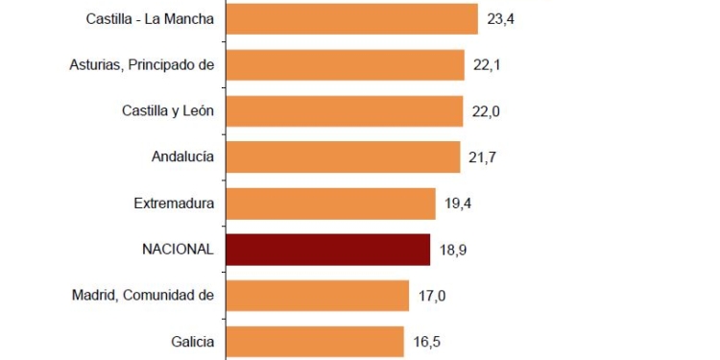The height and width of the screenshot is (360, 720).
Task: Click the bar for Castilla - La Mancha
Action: tap(351, 19)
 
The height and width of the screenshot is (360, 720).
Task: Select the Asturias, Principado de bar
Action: tap(345, 65)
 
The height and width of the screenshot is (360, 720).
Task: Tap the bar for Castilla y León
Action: tap(344, 111)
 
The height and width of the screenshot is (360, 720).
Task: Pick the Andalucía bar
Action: tap(343, 156)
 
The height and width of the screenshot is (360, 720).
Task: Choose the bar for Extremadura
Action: tap(330, 203)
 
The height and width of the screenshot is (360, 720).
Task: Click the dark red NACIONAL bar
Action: tap(327, 249)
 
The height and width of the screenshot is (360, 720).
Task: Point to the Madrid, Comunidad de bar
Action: tap(318, 295)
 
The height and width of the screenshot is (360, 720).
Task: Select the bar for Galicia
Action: tap(315, 341)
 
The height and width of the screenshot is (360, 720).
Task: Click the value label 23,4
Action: tap(500, 19)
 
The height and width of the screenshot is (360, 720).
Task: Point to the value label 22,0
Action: tap(486, 111)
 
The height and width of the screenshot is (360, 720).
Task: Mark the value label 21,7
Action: tap(483, 156)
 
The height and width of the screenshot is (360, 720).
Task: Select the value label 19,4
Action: tap(459, 203)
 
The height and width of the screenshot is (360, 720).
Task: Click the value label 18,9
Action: tap(453, 250)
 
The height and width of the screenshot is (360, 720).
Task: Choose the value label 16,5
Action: tap(427, 341)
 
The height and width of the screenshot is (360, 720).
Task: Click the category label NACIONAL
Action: tap(178, 249)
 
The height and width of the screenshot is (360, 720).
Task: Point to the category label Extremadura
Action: tap(174, 203)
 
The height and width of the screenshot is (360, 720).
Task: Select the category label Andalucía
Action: tap(182, 156)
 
